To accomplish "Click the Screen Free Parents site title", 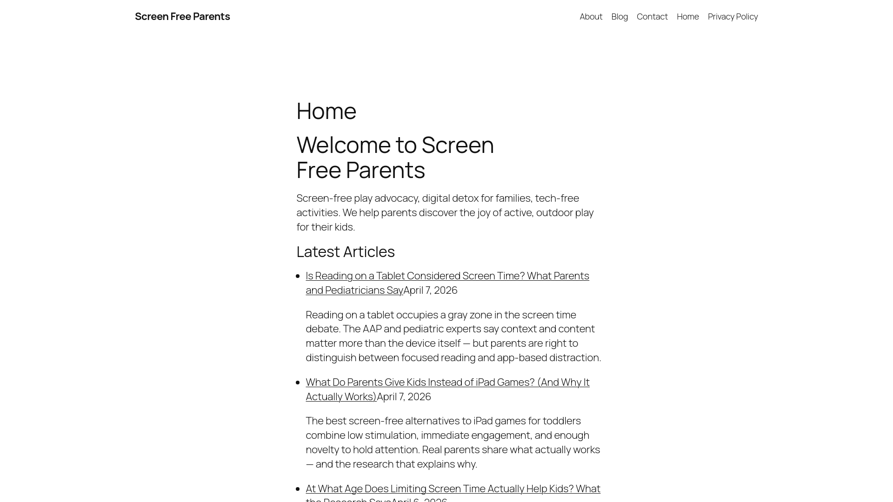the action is (x=182, y=17).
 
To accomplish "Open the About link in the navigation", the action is (x=591, y=17).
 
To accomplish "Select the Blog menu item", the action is (x=619, y=17).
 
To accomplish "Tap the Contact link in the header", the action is (x=652, y=17).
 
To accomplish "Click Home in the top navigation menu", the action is (x=687, y=17).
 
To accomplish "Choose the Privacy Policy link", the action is (x=733, y=17).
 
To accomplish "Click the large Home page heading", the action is (x=326, y=111).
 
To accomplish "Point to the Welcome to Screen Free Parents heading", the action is (x=395, y=157).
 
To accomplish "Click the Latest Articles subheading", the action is (x=345, y=251).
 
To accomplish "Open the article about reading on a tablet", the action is (x=447, y=276).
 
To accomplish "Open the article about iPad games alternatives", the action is (x=447, y=383).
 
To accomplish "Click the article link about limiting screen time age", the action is (x=453, y=489).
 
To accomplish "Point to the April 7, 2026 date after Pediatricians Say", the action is (x=430, y=291).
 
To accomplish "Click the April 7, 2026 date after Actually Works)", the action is (x=404, y=397).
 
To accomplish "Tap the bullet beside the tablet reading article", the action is (x=298, y=276).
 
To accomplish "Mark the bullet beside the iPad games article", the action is (x=298, y=383).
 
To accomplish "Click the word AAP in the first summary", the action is (x=372, y=329).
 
